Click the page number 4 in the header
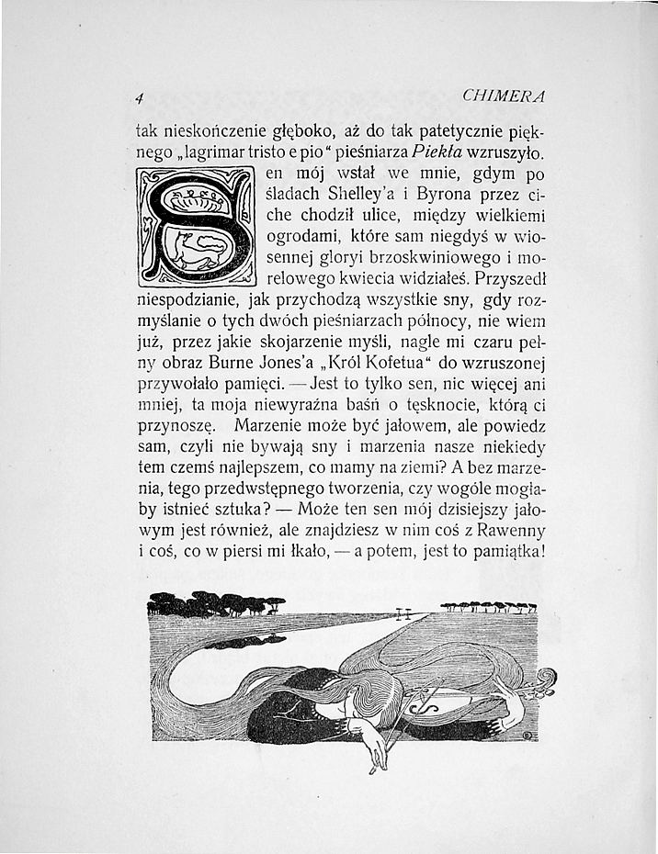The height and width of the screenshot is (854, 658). [137, 96]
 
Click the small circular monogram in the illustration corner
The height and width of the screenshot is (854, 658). [528, 734]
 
